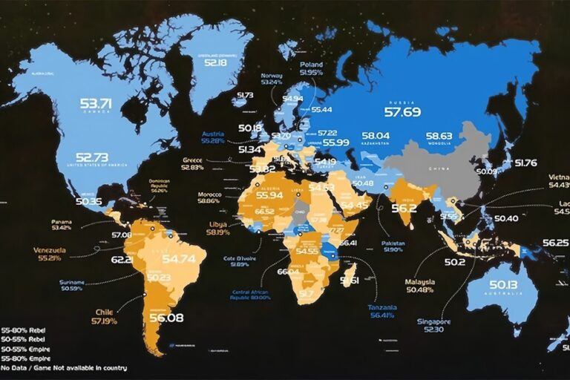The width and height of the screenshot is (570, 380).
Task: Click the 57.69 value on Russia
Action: [x=402, y=112]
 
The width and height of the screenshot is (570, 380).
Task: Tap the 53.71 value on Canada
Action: [x=96, y=103]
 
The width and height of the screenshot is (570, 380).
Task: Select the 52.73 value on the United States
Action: [x=92, y=157]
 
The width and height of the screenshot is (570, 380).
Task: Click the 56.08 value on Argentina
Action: [x=166, y=318]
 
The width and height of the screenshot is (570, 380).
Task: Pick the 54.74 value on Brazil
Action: [x=179, y=259]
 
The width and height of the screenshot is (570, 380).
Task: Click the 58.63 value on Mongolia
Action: [x=439, y=136]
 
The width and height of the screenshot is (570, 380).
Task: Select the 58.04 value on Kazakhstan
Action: [x=376, y=136]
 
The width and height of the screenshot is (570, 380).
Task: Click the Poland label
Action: [x=312, y=65]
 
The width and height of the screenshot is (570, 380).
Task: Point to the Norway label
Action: [x=271, y=76]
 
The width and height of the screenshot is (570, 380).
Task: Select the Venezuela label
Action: [x=49, y=250]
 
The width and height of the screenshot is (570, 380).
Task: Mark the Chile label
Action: [x=104, y=312]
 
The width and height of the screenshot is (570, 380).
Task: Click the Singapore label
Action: [x=434, y=321]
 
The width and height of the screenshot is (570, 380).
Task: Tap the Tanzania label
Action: [x=382, y=307]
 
